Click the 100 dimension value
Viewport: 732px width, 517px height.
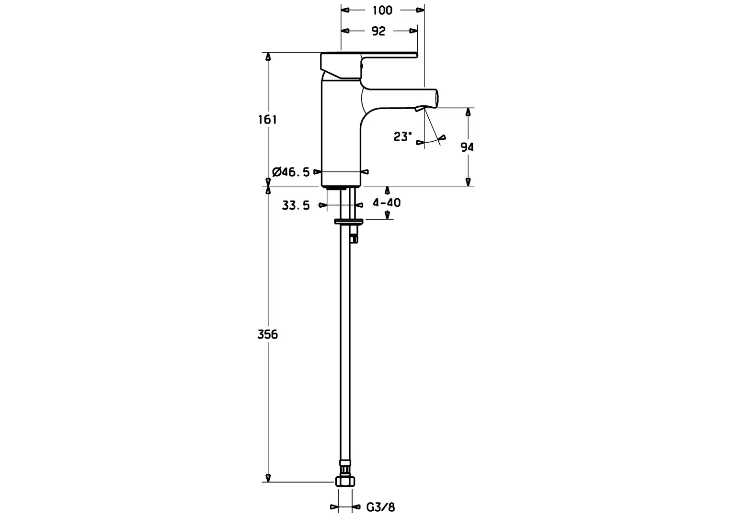click(382, 10)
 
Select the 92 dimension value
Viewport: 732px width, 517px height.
click(378, 31)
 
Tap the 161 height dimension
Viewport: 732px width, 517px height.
click(268, 119)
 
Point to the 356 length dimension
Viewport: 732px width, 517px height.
click(268, 334)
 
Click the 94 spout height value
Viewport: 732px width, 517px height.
click(467, 147)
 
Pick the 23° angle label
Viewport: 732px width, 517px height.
click(402, 137)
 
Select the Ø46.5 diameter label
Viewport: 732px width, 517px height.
click(290, 172)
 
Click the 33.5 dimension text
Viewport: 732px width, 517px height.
click(296, 206)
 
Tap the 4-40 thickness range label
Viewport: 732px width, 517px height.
click(387, 202)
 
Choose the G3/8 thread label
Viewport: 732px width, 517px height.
click(381, 507)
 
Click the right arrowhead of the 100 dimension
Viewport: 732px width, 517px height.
click(421, 10)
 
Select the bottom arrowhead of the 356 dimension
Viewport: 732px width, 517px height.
click(268, 478)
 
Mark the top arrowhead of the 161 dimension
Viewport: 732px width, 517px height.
click(268, 56)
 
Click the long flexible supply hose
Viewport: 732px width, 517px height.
click(345, 349)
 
